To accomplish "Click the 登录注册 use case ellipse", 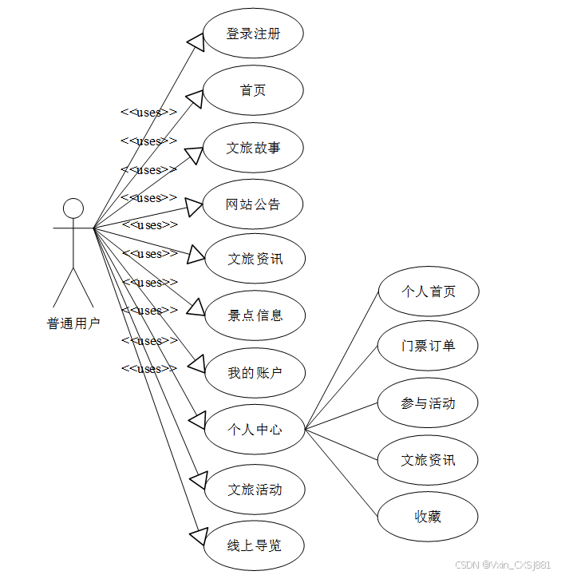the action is pos(253,34).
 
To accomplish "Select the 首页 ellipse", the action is pos(253,90).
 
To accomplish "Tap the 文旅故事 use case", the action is pos(253,148).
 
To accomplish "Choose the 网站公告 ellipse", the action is pos(253,204).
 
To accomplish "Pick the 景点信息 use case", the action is pos(255,315).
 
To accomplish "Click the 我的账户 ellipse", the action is pos(255,372).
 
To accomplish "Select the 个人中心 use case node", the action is pos(255,430).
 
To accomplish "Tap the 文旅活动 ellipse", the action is pos(255,490).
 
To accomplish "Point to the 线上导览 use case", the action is pos(255,546).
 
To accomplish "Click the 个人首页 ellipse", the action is pos(429,291).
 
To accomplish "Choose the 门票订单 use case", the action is pos(429,346).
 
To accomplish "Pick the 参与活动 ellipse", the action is pos(429,403).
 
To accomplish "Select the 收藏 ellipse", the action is pos(429,517).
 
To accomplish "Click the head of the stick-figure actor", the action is pos(73,208).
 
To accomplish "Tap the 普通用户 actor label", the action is pos(73,323).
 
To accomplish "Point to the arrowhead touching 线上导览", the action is pos(197,534).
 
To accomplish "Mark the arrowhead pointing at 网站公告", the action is pos(196,207).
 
